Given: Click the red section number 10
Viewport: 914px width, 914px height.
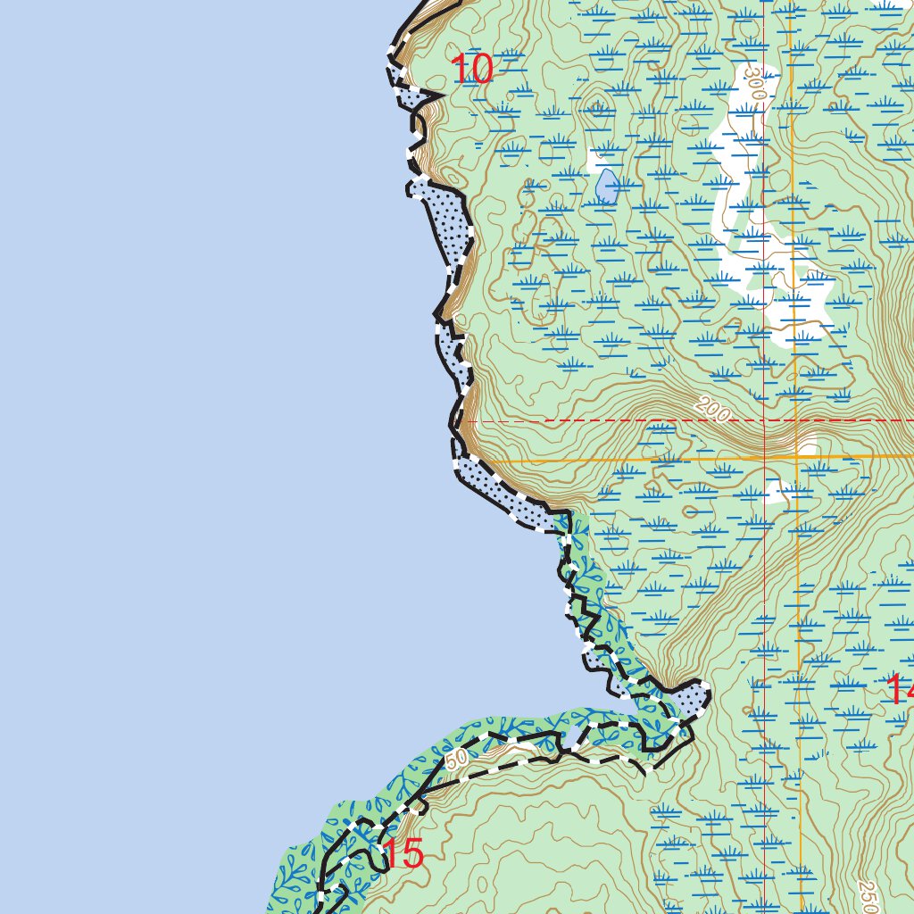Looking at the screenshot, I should click(471, 70).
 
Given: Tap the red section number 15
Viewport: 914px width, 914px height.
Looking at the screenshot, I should click(403, 855).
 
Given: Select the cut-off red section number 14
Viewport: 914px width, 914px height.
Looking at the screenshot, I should click(900, 689).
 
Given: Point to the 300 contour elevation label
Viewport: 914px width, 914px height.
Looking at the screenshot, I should click(756, 83).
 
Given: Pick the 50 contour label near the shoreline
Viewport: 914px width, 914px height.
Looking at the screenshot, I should click(456, 759).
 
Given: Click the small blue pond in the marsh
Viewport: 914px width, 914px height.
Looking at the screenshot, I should click(607, 186).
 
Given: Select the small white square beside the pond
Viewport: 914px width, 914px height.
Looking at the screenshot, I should click(595, 162).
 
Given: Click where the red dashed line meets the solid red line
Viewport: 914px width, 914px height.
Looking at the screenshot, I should click(765, 420).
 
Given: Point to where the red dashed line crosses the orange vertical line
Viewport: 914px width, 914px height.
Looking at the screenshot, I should click(795, 420).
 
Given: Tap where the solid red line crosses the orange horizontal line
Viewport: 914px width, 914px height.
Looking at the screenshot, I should click(765, 459).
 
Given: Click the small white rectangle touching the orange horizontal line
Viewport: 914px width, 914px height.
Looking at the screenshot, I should click(808, 447).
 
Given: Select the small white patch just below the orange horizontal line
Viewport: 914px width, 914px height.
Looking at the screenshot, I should click(774, 492).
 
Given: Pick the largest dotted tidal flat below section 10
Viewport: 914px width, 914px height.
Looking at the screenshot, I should click(452, 223).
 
